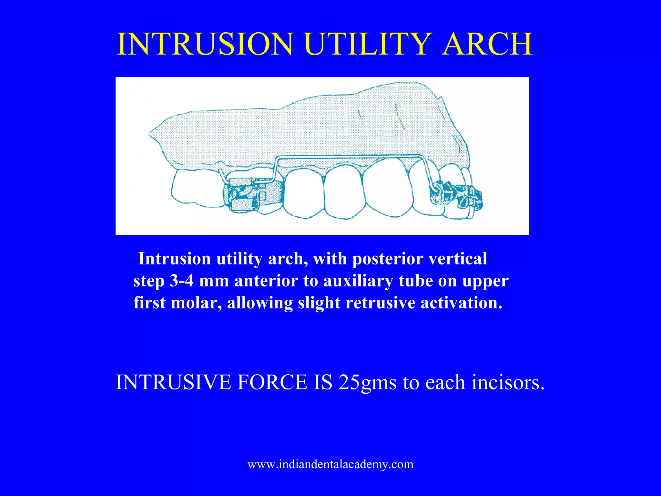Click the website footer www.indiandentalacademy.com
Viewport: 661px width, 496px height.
(330, 464)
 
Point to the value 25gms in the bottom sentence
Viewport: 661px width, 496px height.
(367, 382)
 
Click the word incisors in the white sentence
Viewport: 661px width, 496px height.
(508, 382)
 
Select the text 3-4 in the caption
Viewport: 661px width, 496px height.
(181, 281)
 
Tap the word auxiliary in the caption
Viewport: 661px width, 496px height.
(358, 281)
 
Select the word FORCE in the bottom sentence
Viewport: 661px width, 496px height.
(272, 382)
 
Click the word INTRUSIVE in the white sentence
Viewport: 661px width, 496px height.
(173, 382)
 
